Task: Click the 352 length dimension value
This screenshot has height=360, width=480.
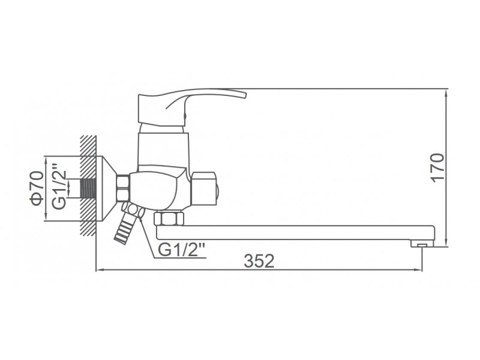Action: pyautogui.click(x=259, y=261)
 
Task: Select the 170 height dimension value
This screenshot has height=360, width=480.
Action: pyautogui.click(x=437, y=168)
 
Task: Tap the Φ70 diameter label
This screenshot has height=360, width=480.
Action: pyautogui.click(x=37, y=188)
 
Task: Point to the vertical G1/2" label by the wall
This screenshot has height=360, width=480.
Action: pyautogui.click(x=58, y=186)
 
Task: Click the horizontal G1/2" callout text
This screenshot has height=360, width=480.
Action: pyautogui.click(x=182, y=250)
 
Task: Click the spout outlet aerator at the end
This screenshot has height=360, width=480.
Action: pyautogui.click(x=422, y=244)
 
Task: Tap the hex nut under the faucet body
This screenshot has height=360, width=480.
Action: pyautogui.click(x=169, y=219)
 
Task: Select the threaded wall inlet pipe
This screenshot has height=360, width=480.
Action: pyautogui.click(x=88, y=188)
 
